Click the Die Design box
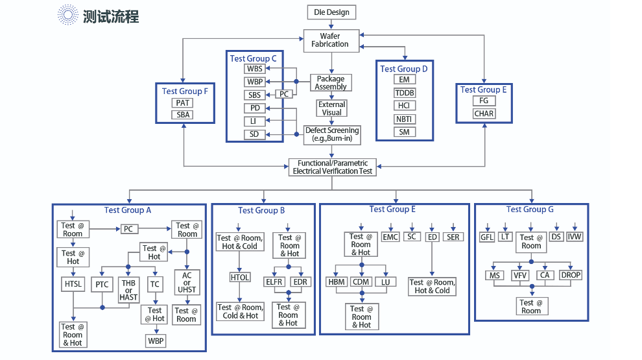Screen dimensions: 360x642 [x=331, y=12]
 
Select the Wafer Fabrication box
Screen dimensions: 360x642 [x=331, y=40]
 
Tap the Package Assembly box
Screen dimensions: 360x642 [x=331, y=83]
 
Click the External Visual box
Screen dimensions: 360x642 [x=332, y=108]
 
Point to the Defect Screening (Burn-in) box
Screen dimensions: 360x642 [x=332, y=134]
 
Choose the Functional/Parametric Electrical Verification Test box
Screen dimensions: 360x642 [x=333, y=167]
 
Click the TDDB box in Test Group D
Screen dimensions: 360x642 [x=405, y=93]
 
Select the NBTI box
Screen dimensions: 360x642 [x=405, y=119]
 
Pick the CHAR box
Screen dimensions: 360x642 [x=484, y=114]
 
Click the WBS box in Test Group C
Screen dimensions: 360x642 [x=254, y=69]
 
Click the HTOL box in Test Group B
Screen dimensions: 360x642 [x=240, y=278]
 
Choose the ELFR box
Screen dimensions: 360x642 [x=274, y=282]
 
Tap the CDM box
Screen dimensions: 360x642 [x=361, y=282]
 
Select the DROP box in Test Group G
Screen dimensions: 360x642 [x=571, y=275]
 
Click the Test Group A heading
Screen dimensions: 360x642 [x=128, y=210]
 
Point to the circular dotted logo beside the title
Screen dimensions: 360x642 [x=67, y=15]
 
